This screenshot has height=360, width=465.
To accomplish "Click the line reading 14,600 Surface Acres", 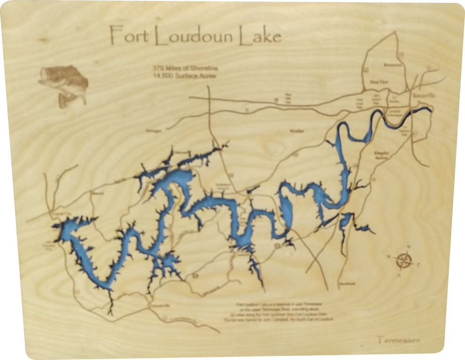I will tap(184, 75).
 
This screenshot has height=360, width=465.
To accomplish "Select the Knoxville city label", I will tap(423, 95).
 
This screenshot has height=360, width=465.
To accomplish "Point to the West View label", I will tap(378, 81).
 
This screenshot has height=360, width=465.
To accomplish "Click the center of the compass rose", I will tap(403, 260).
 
